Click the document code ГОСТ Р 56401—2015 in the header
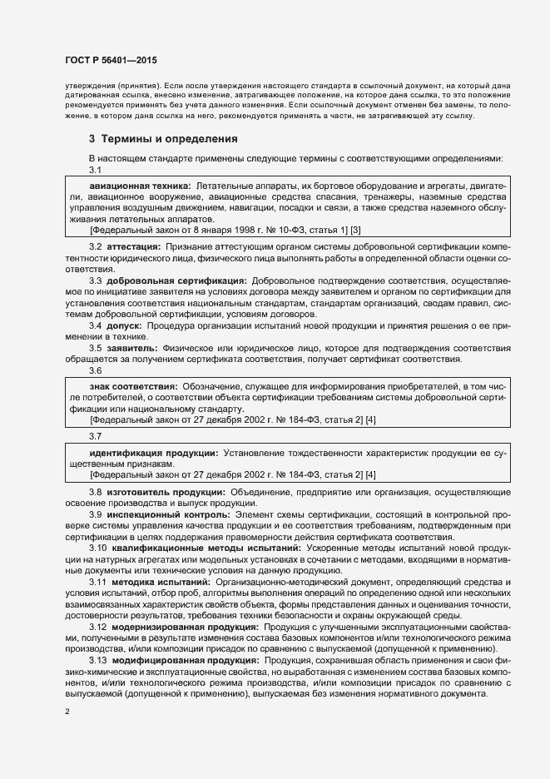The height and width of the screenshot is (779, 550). (110, 62)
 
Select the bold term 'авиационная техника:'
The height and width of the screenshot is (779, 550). (140, 182)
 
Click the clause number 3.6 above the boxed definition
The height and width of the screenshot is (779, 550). (95, 370)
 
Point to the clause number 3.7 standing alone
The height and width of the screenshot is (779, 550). (95, 435)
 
